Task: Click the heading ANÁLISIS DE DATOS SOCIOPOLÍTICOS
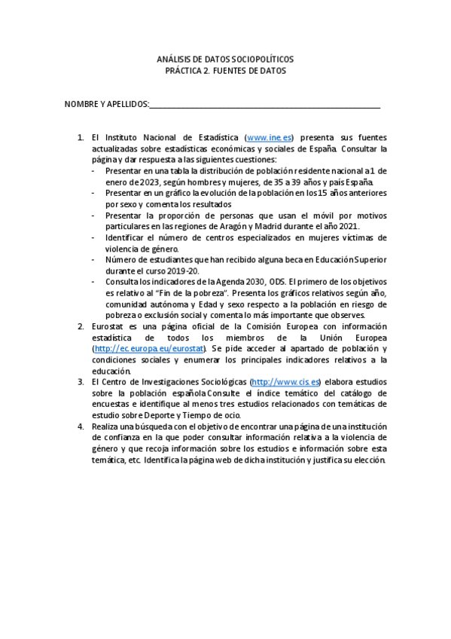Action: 225,59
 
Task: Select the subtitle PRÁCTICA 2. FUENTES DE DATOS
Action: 225,71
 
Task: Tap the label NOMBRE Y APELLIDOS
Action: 106,103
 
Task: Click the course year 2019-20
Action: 186,270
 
